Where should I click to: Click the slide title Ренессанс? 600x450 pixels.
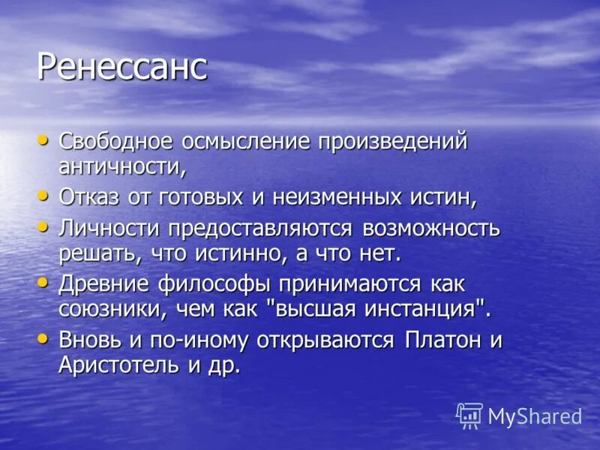[121, 67]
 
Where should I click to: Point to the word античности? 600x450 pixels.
[121, 166]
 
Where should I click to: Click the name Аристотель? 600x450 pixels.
[130, 364]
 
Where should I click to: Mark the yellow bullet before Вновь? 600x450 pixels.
[43, 338]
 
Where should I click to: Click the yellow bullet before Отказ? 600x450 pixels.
[43, 196]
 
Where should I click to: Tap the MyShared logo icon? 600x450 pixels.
[469, 415]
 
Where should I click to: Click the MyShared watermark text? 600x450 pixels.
[535, 416]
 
